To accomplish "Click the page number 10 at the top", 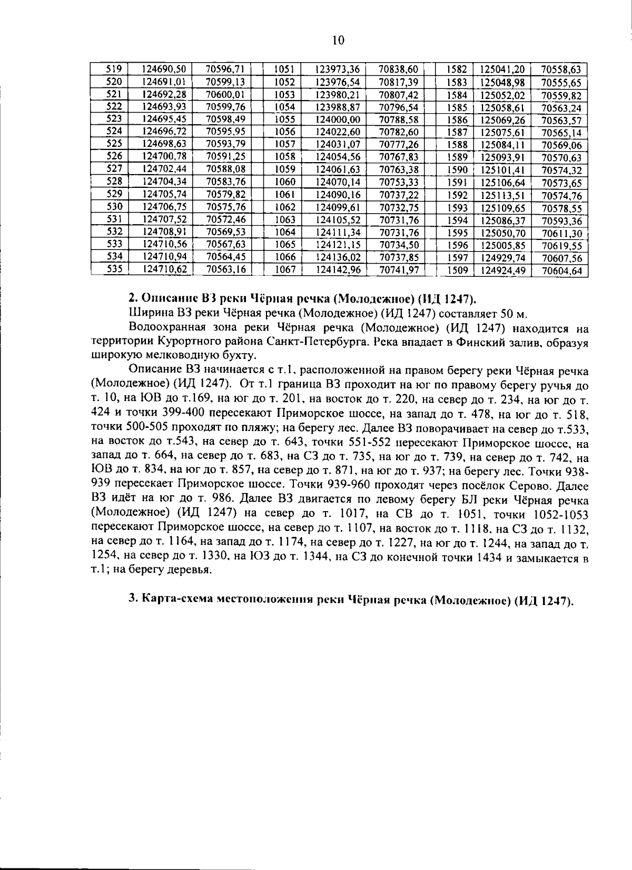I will tap(338, 41).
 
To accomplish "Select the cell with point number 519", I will tap(114, 69).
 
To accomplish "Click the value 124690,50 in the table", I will tap(164, 69).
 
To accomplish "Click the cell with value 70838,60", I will tap(398, 69).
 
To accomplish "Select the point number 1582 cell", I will tap(457, 69).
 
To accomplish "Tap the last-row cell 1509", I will tap(457, 271).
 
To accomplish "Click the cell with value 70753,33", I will tap(398, 182).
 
